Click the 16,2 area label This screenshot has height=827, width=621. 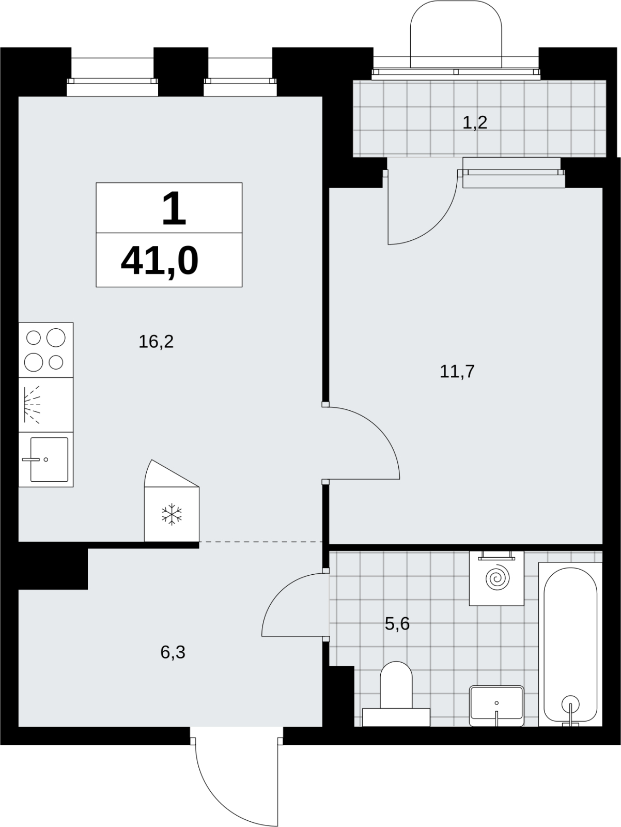tap(156, 342)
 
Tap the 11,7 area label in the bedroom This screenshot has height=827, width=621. tap(457, 372)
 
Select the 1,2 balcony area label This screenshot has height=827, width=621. tap(474, 122)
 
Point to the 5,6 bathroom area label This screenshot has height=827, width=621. tap(397, 623)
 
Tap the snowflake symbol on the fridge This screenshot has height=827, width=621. tap(172, 514)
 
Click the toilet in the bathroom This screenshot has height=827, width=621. tap(396, 694)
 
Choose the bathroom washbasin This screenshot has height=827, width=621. tap(496, 706)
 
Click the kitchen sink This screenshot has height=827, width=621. tap(49, 460)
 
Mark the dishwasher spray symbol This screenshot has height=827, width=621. tap(32, 404)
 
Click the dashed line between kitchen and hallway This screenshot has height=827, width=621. tap(260, 541)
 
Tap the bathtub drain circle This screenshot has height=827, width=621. tap(570, 704)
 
